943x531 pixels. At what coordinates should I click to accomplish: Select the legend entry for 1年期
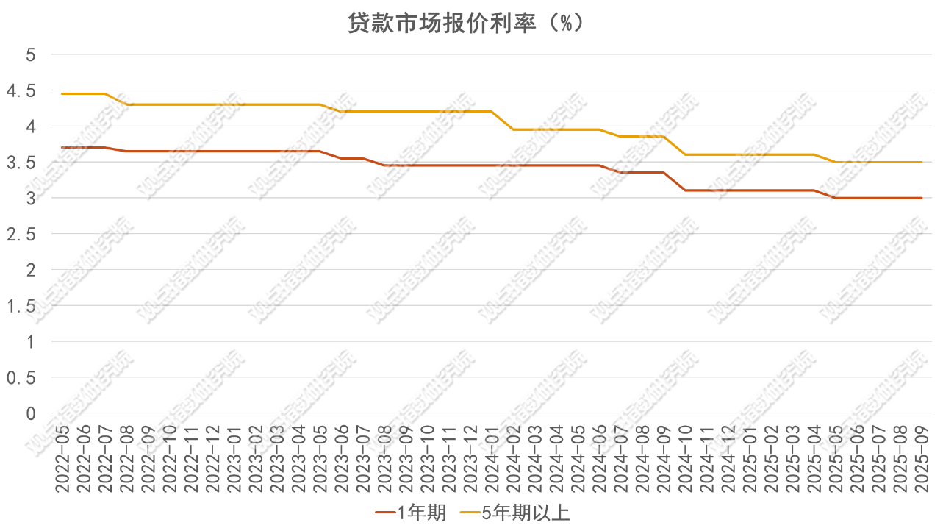pos(411,513)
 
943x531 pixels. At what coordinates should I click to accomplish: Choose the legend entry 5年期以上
pos(514,513)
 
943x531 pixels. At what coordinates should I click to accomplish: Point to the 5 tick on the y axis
pos(31,54)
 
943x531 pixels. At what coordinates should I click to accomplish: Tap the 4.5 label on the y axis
pos(21,90)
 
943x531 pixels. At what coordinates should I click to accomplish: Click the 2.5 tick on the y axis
pos(21,234)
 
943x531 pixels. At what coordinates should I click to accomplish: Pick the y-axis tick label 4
pos(31,126)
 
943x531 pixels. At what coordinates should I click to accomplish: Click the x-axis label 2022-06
pos(83,460)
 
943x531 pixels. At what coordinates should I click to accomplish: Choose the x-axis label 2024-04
pos(556,460)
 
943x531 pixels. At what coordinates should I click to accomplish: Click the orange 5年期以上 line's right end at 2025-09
pos(922,162)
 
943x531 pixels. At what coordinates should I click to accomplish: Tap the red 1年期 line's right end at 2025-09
pos(922,198)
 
